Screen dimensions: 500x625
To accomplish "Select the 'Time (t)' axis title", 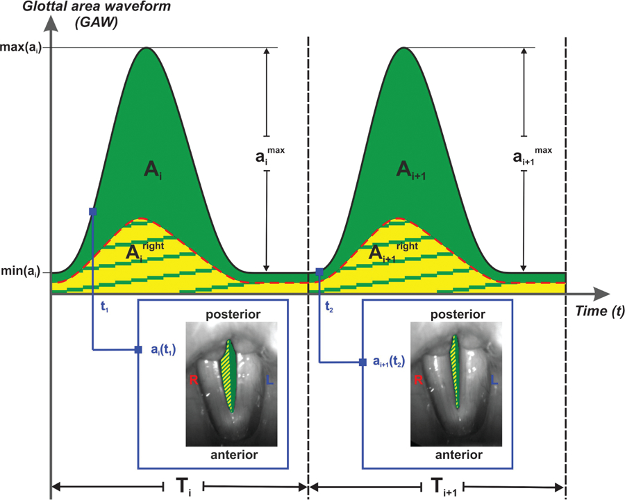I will (599, 312).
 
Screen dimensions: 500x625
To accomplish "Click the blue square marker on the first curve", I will (92, 210).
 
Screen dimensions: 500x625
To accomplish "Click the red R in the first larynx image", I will (194, 380).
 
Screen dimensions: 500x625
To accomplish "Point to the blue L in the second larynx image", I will (494, 380).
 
